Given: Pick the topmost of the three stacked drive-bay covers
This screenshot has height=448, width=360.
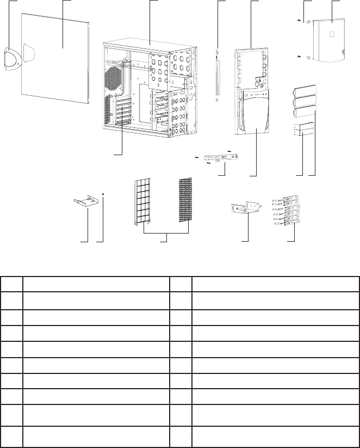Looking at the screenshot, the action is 305,91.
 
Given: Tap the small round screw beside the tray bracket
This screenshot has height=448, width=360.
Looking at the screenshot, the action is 103,194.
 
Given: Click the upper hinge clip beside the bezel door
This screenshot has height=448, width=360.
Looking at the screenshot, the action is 307,22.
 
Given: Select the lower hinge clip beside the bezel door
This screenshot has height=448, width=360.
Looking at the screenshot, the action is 307,57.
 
